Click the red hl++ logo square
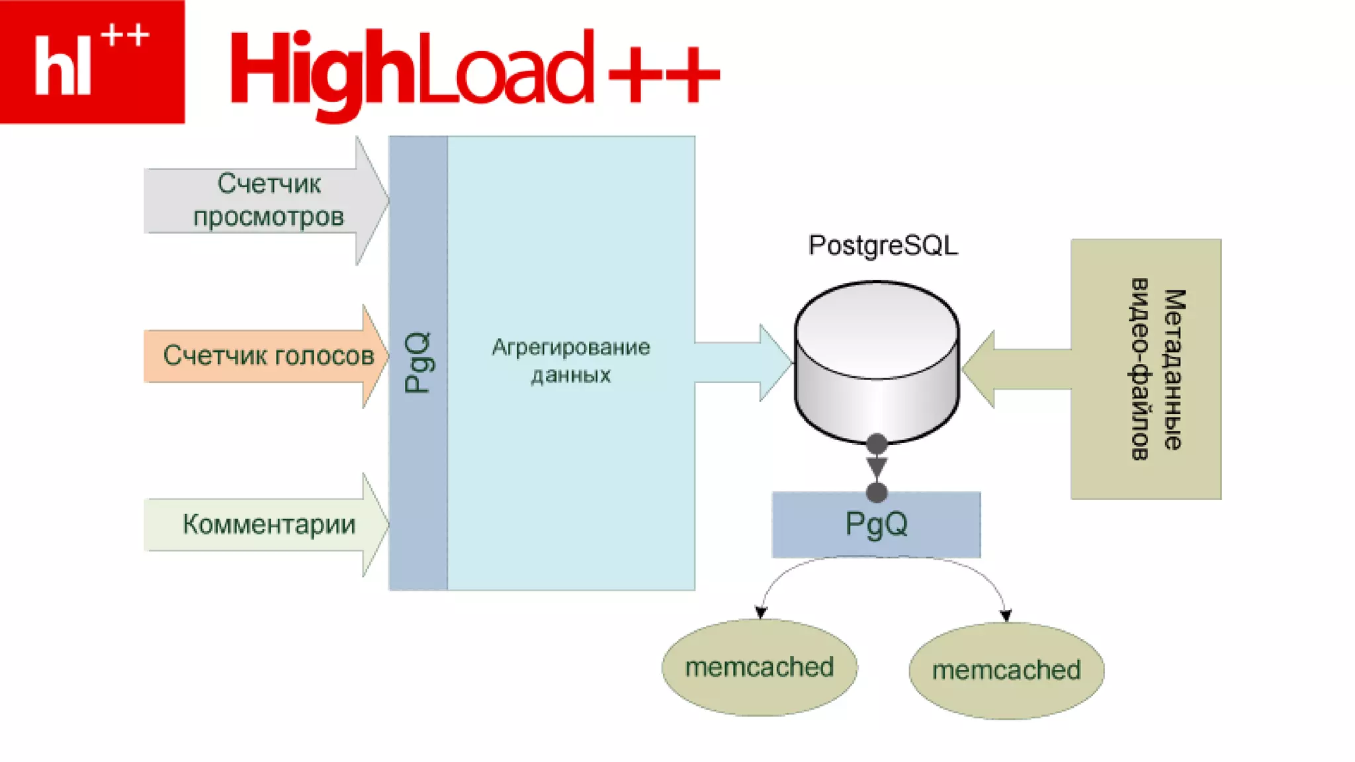click(x=92, y=62)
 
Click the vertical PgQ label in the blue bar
click(x=417, y=362)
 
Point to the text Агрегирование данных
click(x=570, y=361)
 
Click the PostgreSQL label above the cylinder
click(x=883, y=245)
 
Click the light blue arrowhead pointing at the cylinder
click(x=775, y=362)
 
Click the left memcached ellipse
click(x=760, y=667)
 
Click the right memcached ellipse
click(x=1006, y=670)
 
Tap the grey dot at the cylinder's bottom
click(x=877, y=444)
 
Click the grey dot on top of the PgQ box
click(x=877, y=492)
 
